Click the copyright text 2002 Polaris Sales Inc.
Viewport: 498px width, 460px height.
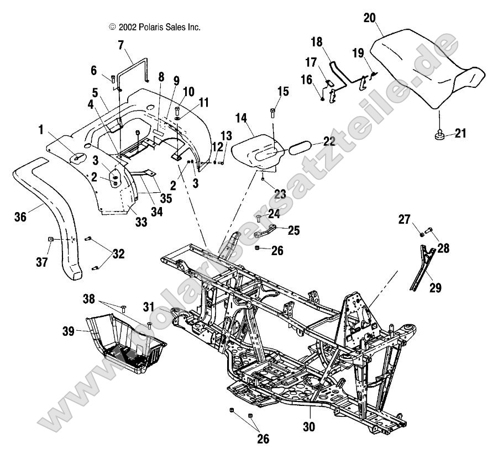pyautogui.click(x=155, y=27)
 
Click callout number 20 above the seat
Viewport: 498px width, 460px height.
pyautogui.click(x=369, y=18)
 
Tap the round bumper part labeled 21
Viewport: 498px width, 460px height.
pyautogui.click(x=440, y=134)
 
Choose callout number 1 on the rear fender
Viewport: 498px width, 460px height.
pyautogui.click(x=41, y=130)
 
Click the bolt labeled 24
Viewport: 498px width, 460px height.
pyautogui.click(x=258, y=219)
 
